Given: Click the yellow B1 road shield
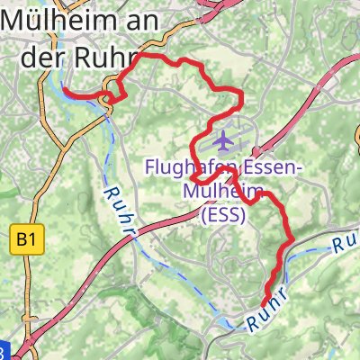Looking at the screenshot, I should click(25, 239).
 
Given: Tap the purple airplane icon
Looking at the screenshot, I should click(222, 140).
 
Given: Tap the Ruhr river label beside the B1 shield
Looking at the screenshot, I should click(120, 211).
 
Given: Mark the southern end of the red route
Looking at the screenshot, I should click(264, 306).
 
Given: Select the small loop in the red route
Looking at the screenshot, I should click(112, 95).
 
